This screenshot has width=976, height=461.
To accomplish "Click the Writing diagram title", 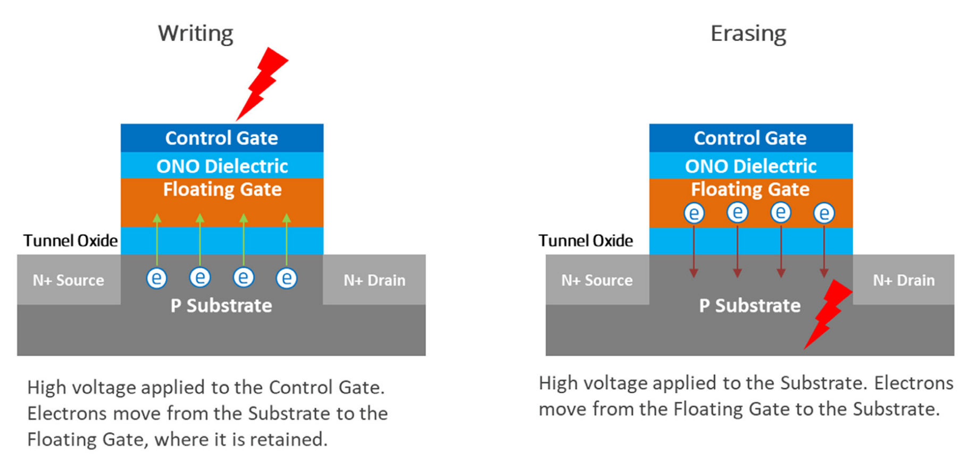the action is pyautogui.click(x=196, y=33).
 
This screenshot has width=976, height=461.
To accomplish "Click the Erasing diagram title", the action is pyautogui.click(x=748, y=33).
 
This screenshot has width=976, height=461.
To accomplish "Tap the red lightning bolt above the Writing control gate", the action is pyautogui.click(x=262, y=83).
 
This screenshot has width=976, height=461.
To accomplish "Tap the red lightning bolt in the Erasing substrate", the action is pyautogui.click(x=828, y=314).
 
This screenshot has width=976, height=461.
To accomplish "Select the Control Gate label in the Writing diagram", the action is pyautogui.click(x=222, y=138).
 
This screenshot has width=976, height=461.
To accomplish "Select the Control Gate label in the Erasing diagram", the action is pyautogui.click(x=750, y=138).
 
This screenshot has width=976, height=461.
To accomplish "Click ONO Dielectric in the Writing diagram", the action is pyautogui.click(x=222, y=166).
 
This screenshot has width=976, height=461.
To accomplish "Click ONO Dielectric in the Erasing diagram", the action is pyautogui.click(x=750, y=166).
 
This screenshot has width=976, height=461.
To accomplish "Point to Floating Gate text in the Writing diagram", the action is pyautogui.click(x=222, y=189).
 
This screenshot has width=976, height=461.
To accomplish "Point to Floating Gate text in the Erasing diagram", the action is pyautogui.click(x=750, y=189).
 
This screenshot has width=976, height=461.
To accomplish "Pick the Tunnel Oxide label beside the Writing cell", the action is pyautogui.click(x=70, y=240).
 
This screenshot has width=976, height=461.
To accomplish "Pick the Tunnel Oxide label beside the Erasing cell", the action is pyautogui.click(x=586, y=240).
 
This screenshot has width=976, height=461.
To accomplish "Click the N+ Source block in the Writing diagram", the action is pyautogui.click(x=69, y=280).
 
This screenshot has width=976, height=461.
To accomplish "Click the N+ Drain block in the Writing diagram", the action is pyautogui.click(x=374, y=280).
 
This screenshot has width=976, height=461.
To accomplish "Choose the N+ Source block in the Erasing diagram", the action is pyautogui.click(x=597, y=280).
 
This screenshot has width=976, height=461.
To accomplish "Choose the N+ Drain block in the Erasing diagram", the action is pyautogui.click(x=904, y=280).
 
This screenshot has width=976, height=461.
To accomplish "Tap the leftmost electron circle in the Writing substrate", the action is pyautogui.click(x=157, y=278).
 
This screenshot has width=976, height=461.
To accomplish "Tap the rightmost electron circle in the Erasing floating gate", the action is pyautogui.click(x=824, y=213).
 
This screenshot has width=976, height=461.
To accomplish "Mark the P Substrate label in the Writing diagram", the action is pyautogui.click(x=221, y=306).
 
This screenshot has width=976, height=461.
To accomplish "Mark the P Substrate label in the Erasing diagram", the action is pyautogui.click(x=749, y=306).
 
